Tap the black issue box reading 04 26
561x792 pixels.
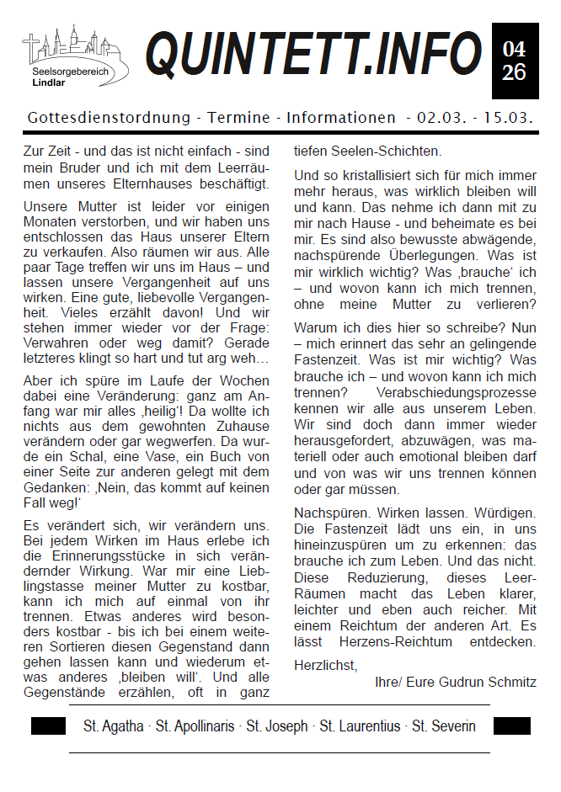[x=514, y=61]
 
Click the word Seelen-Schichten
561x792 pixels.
[x=367, y=152]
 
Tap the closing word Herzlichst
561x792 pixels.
[x=325, y=665]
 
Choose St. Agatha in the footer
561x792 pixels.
[x=113, y=726]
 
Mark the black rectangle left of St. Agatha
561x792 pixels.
[x=48, y=726]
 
